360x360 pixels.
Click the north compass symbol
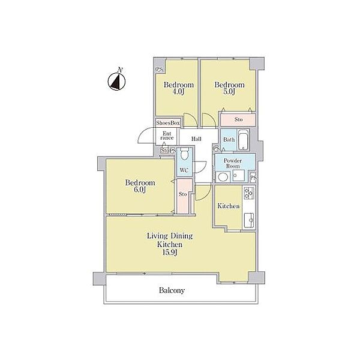pyautogui.click(x=116, y=80)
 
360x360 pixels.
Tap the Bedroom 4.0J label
pyautogui.click(x=179, y=88)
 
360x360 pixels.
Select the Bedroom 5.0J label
pyautogui.click(x=229, y=88)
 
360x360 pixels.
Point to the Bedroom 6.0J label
pyautogui.click(x=140, y=186)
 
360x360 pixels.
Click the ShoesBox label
pyautogui.click(x=168, y=123)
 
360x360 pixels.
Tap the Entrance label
pyautogui.click(x=167, y=136)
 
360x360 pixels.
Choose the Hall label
pyautogui.click(x=197, y=139)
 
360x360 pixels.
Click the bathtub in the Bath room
pyautogui.click(x=243, y=140)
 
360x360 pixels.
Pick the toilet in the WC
pyautogui.click(x=184, y=154)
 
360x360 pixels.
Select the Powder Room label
pyautogui.click(x=233, y=163)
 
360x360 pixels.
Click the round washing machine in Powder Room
pyautogui.click(x=223, y=177)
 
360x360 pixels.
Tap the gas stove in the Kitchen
pyautogui.click(x=249, y=193)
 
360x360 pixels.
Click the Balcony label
pyautogui.click(x=172, y=290)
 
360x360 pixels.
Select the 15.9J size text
pyautogui.click(x=170, y=253)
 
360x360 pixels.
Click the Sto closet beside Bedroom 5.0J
pyautogui.click(x=238, y=119)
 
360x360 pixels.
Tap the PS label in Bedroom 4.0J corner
pyautogui.click(x=160, y=69)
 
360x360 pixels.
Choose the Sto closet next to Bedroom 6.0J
pyautogui.click(x=184, y=196)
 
